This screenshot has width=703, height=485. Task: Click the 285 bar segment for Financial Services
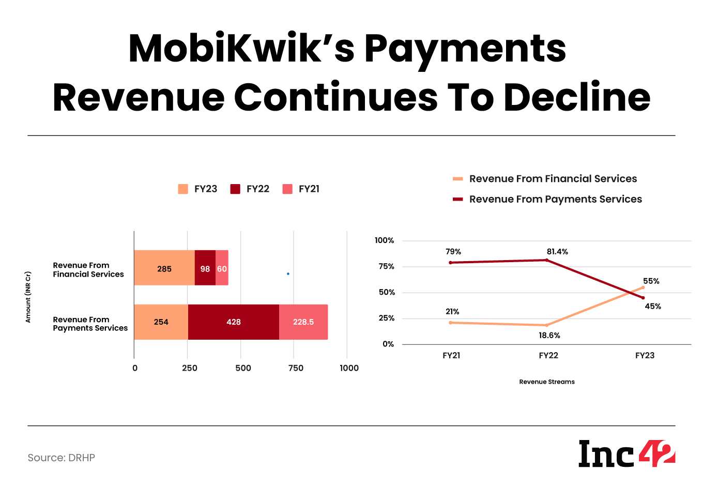tap(164, 268)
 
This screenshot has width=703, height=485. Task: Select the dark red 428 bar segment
tap(233, 322)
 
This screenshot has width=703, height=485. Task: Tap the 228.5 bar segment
tap(303, 322)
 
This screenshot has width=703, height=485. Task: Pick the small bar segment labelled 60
tap(222, 268)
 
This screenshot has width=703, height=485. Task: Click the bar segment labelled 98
tap(205, 268)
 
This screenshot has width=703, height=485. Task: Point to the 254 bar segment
tap(161, 322)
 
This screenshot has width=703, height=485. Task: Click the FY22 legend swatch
tap(236, 189)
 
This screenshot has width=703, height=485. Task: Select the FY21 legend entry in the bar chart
tap(301, 189)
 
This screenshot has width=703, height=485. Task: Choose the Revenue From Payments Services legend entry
tap(548, 199)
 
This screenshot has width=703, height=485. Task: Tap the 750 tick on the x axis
tap(296, 368)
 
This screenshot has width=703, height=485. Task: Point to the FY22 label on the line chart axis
tap(548, 356)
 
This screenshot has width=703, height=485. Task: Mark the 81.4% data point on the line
tap(547, 260)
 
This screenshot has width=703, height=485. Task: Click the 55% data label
tap(651, 281)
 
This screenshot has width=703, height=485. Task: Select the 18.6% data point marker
tap(546, 325)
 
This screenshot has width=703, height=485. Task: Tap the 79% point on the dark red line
tap(451, 263)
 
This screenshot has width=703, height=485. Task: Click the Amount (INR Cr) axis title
tap(28, 297)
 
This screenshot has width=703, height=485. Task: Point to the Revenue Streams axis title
tap(547, 382)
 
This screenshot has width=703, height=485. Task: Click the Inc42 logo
tap(626, 453)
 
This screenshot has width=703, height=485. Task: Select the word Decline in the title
tap(577, 97)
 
